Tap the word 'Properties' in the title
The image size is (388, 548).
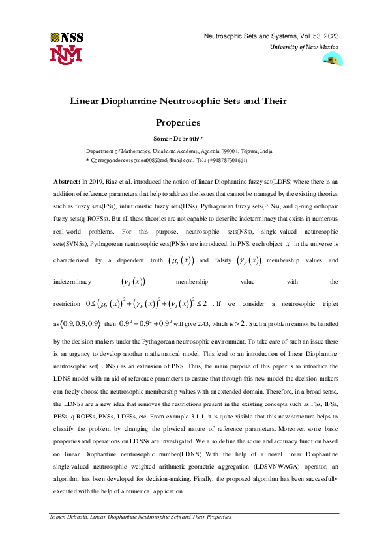(177, 122)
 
